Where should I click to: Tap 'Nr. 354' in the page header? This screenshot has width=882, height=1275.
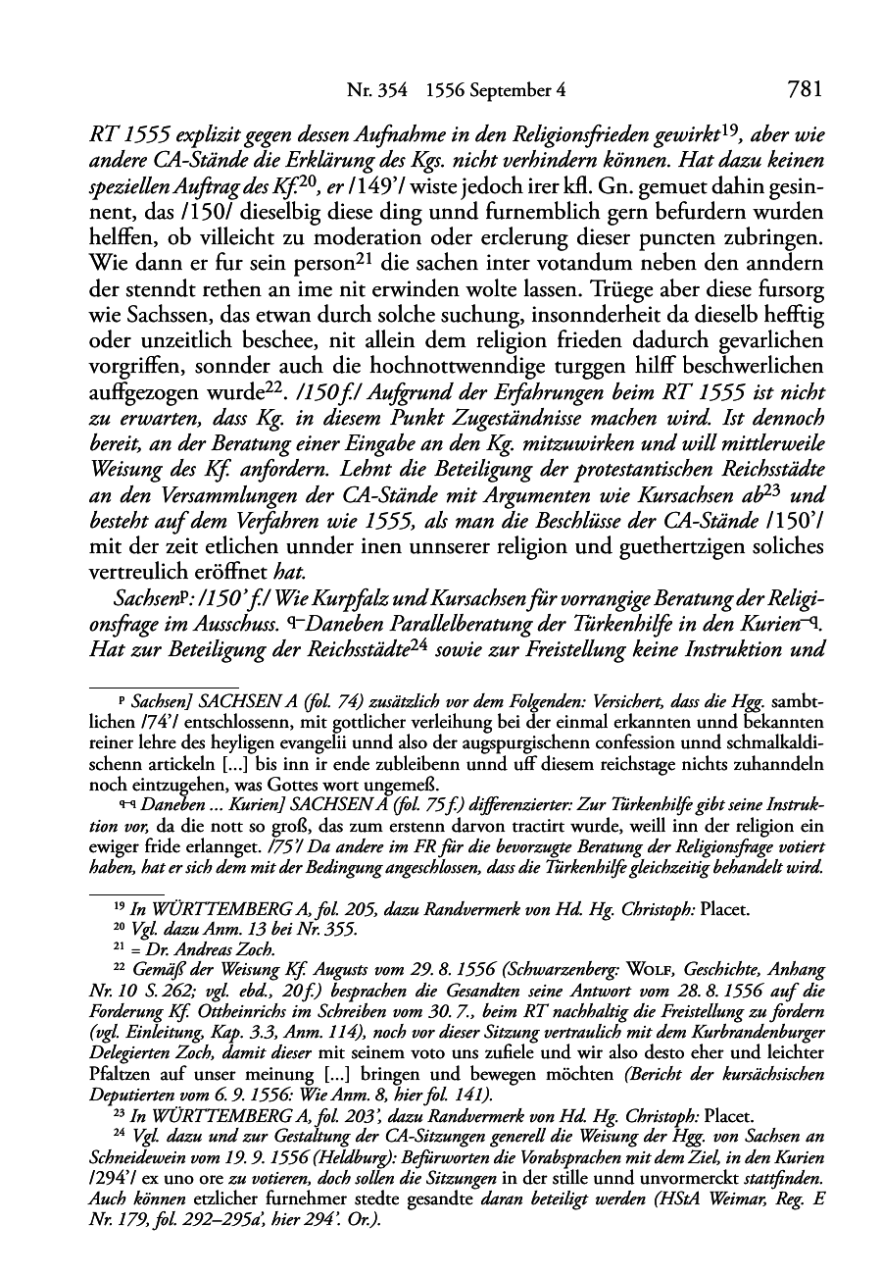[371, 92]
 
